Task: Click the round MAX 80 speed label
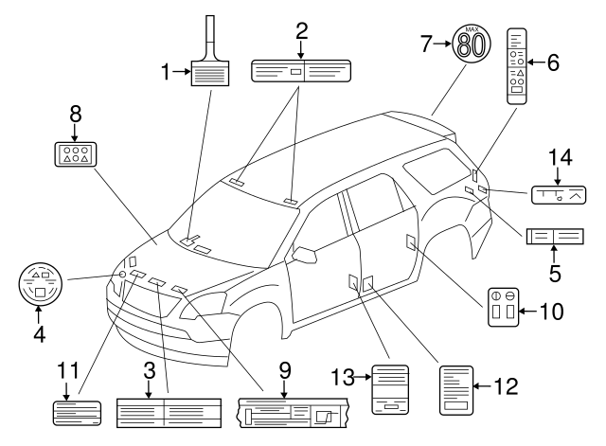(x=472, y=44)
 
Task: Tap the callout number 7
(x=426, y=44)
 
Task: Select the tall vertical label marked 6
(x=517, y=66)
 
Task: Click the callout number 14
(x=561, y=157)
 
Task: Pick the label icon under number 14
(x=559, y=195)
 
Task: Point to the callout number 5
(x=555, y=274)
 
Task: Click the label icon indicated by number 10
(x=503, y=307)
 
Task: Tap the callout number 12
(x=506, y=386)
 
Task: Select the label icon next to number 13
(x=390, y=389)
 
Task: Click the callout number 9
(x=285, y=370)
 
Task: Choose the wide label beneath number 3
(x=169, y=413)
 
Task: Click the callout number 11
(x=68, y=370)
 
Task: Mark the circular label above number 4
(x=40, y=284)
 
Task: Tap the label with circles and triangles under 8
(x=76, y=154)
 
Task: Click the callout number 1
(x=166, y=72)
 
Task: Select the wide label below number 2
(x=301, y=71)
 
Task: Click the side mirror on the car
(x=304, y=255)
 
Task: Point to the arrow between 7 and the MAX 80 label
(x=442, y=44)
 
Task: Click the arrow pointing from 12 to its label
(x=483, y=386)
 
